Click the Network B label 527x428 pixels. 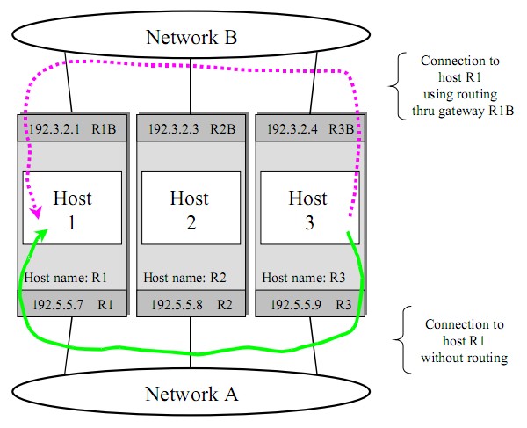(x=191, y=37)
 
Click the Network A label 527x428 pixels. (x=191, y=394)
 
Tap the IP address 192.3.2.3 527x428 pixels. (x=173, y=128)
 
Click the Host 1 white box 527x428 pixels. (x=72, y=208)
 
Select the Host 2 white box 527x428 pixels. (x=191, y=208)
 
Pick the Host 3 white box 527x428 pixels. (x=309, y=208)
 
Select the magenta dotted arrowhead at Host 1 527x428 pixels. (x=37, y=214)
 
